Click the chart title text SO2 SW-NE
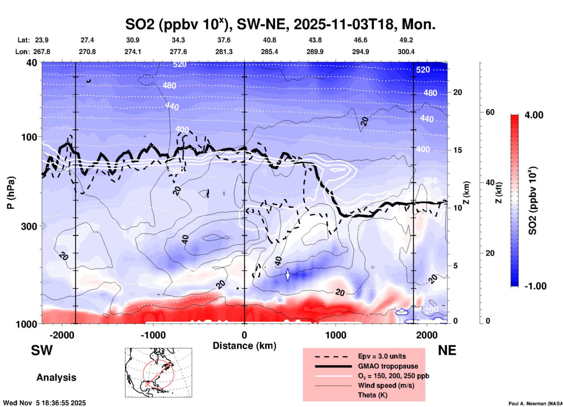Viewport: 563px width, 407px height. pyautogui.click(x=280, y=24)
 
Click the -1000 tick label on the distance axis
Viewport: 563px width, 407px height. pyautogui.click(x=153, y=335)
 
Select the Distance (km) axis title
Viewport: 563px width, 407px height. pyautogui.click(x=244, y=346)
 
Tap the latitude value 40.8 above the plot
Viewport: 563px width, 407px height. pyautogui.click(x=269, y=40)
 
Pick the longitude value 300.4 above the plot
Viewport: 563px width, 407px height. pyautogui.click(x=406, y=52)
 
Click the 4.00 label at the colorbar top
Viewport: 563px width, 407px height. pyautogui.click(x=534, y=115)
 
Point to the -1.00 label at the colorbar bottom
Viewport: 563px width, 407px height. pyautogui.click(x=535, y=286)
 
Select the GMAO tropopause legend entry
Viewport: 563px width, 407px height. pyautogui.click(x=388, y=366)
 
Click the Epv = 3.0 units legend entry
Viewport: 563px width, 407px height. pyautogui.click(x=382, y=356)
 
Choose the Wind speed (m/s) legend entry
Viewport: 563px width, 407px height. pyautogui.click(x=386, y=385)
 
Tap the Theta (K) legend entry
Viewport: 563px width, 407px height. pyautogui.click(x=372, y=395)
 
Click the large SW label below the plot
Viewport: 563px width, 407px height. pyautogui.click(x=42, y=350)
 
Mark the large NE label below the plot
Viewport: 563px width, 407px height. pyautogui.click(x=447, y=350)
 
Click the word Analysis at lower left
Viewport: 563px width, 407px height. pyautogui.click(x=56, y=378)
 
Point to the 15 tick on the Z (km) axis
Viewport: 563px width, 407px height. pyautogui.click(x=457, y=150)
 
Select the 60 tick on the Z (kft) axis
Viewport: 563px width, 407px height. pyautogui.click(x=490, y=112)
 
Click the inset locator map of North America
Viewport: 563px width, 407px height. pyautogui.click(x=158, y=373)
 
